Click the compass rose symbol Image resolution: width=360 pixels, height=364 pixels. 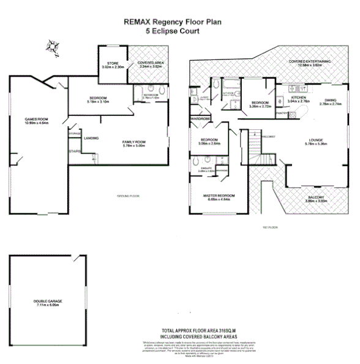pyautogui.click(x=51, y=45)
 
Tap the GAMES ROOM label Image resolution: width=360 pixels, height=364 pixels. pyautogui.click(x=36, y=119)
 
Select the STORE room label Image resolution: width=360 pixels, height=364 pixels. pyautogui.click(x=112, y=63)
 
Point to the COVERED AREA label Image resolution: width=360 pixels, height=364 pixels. pyautogui.click(x=149, y=63)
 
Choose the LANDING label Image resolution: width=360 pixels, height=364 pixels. pyautogui.click(x=92, y=138)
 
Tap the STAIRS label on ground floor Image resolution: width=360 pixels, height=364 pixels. pyautogui.click(x=74, y=150)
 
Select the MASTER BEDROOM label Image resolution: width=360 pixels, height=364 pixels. pyautogui.click(x=219, y=195)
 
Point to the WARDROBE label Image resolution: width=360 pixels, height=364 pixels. pyautogui.click(x=201, y=118)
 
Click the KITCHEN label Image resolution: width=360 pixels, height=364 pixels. pyautogui.click(x=299, y=97)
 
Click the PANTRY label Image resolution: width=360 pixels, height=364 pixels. pyautogui.click(x=282, y=114)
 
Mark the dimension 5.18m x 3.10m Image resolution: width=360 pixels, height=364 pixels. pyautogui.click(x=98, y=102)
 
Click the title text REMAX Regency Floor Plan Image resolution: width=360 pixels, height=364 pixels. pyautogui.click(x=173, y=21)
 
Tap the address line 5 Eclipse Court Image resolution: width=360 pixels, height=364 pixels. pyautogui.click(x=173, y=30)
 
